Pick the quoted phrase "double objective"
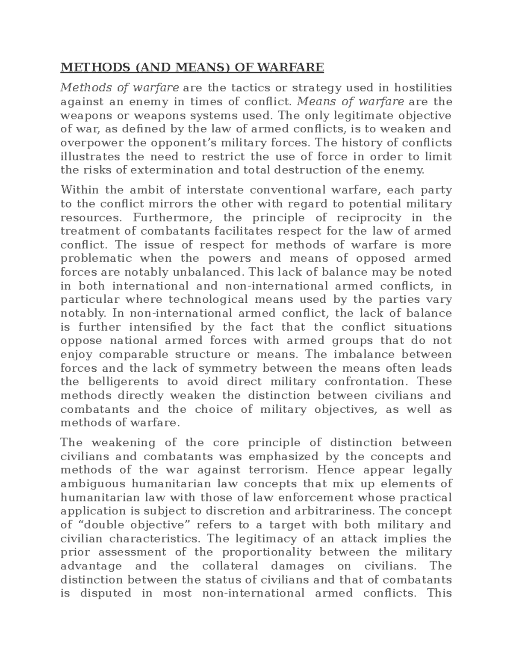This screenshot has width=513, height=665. [138, 525]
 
